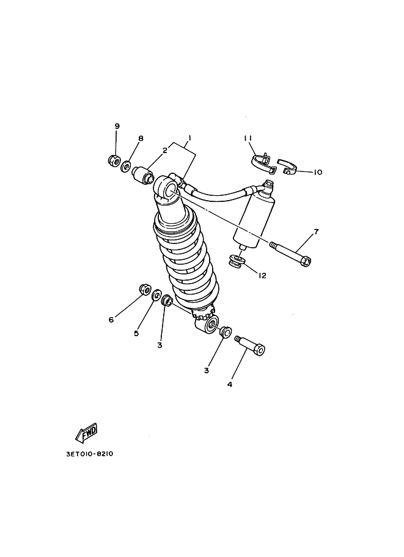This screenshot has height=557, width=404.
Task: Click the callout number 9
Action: pyautogui.click(x=117, y=126)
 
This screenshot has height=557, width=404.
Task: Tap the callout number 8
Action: pyautogui.click(x=141, y=138)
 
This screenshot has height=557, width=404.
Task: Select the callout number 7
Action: pyautogui.click(x=316, y=232)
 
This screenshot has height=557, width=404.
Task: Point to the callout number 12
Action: pyautogui.click(x=262, y=276)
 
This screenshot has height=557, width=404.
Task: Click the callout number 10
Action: pyautogui.click(x=317, y=172)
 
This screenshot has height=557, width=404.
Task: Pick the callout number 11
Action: pyautogui.click(x=248, y=138)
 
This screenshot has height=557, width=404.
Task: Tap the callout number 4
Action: pyautogui.click(x=230, y=384)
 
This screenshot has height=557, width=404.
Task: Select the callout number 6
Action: pyautogui.click(x=111, y=320)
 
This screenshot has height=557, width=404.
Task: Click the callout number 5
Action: pyautogui.click(x=136, y=333)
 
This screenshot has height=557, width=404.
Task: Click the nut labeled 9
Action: pyautogui.click(x=112, y=160)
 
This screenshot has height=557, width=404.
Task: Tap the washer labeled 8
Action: pyautogui.click(x=125, y=165)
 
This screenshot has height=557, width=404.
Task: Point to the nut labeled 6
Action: pyautogui.click(x=145, y=289)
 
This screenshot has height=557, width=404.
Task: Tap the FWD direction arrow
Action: pyautogui.click(x=86, y=433)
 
